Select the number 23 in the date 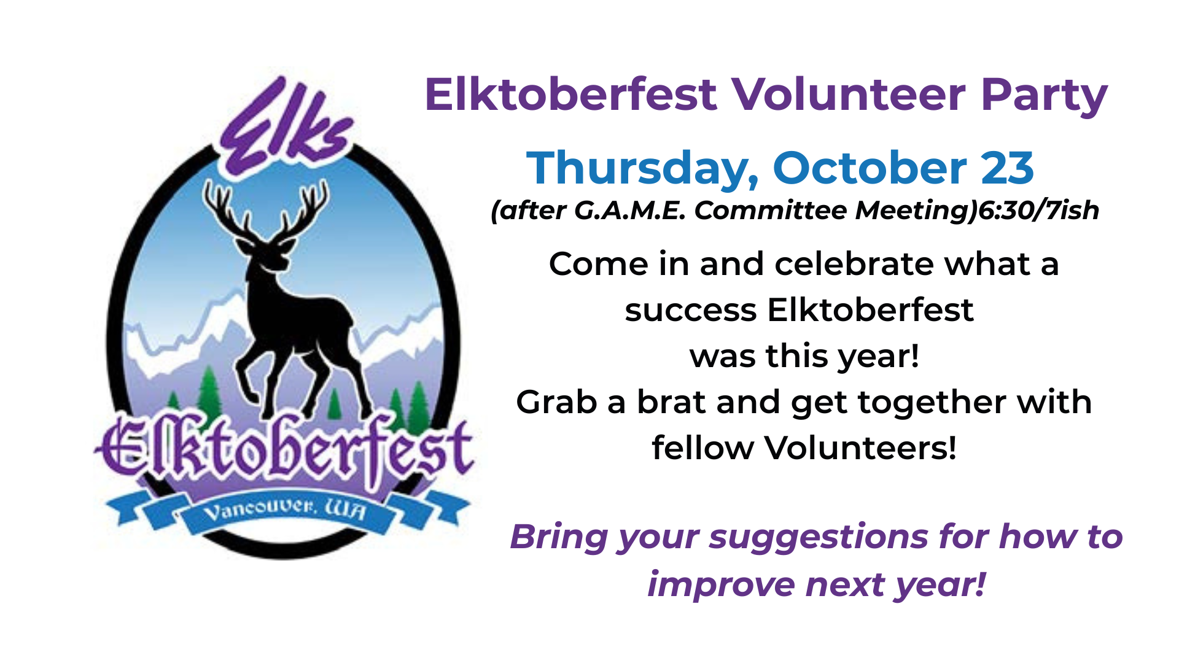point(1007,168)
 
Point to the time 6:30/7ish point(1038,211)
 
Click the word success point(691,311)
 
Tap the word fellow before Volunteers point(702,448)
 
